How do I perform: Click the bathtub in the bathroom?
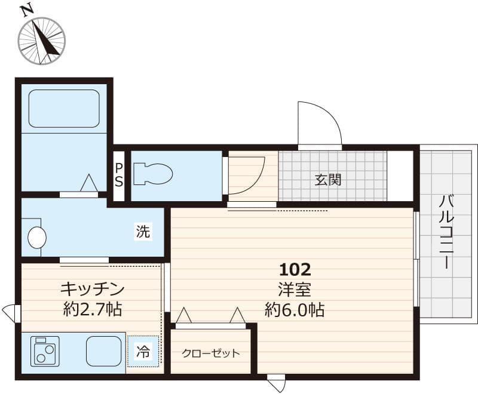[64, 108]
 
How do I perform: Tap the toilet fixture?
[152, 174]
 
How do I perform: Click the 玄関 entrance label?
[329, 179]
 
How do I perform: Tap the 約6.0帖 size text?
[295, 310]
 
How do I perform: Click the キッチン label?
[92, 290]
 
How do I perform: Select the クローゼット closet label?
[211, 353]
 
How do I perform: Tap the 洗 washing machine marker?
[143, 232]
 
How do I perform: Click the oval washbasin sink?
[36, 238]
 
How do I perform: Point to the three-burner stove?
[45, 351]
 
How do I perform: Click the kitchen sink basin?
[104, 351]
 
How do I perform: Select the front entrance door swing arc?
[320, 122]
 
